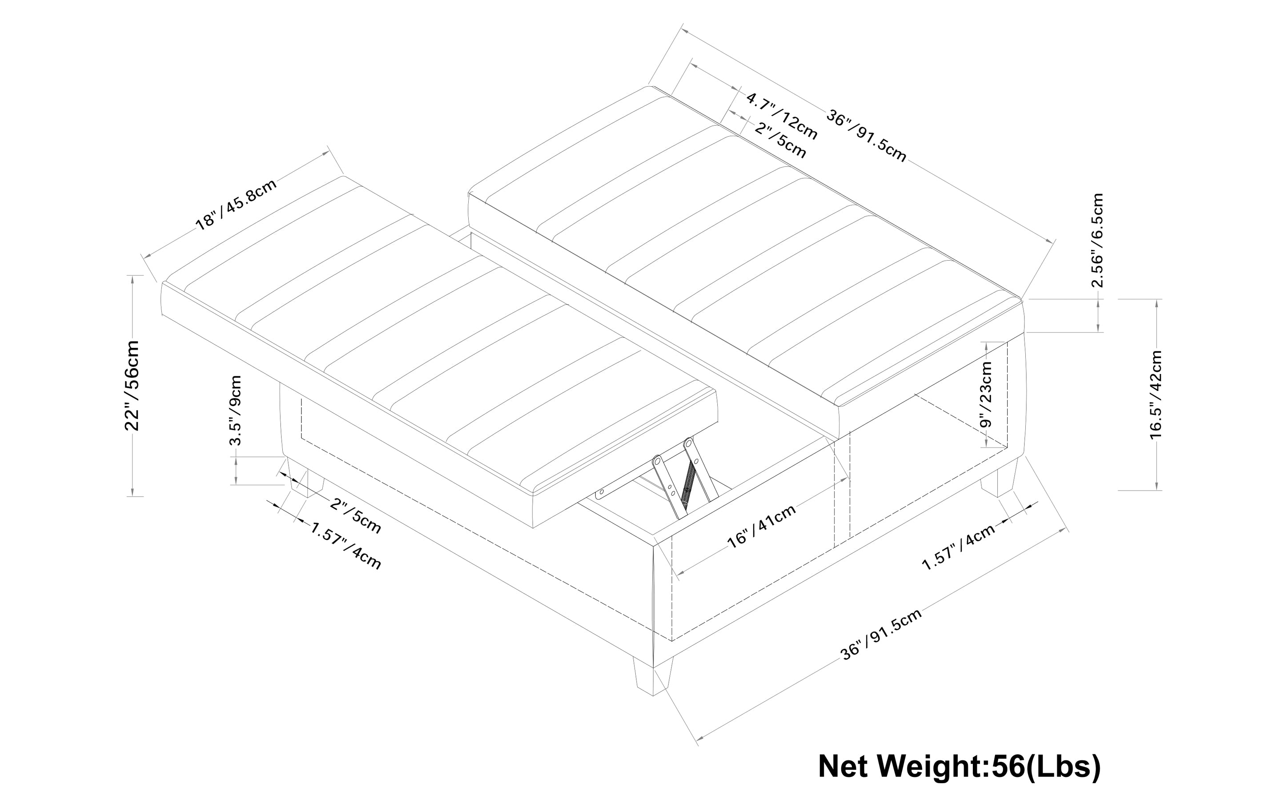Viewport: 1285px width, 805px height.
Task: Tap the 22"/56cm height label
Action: (x=132, y=386)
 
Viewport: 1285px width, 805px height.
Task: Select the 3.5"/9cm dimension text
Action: (x=235, y=410)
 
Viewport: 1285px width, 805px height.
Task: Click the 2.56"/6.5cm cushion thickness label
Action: (x=1097, y=240)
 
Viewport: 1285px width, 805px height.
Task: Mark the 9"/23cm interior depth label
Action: (x=986, y=394)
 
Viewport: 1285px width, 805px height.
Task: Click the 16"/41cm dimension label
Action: (x=762, y=526)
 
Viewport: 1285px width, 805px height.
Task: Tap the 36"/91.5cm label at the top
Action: (x=866, y=135)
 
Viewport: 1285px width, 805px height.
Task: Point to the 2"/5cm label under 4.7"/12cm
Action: (x=780, y=140)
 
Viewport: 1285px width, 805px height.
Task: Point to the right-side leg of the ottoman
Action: (x=999, y=478)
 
